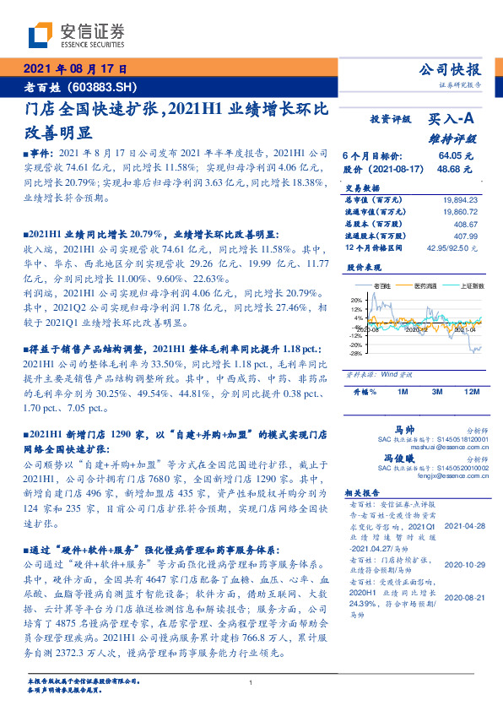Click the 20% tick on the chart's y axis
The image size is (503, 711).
[x=356, y=299]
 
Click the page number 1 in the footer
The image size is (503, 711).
[x=251, y=682]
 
